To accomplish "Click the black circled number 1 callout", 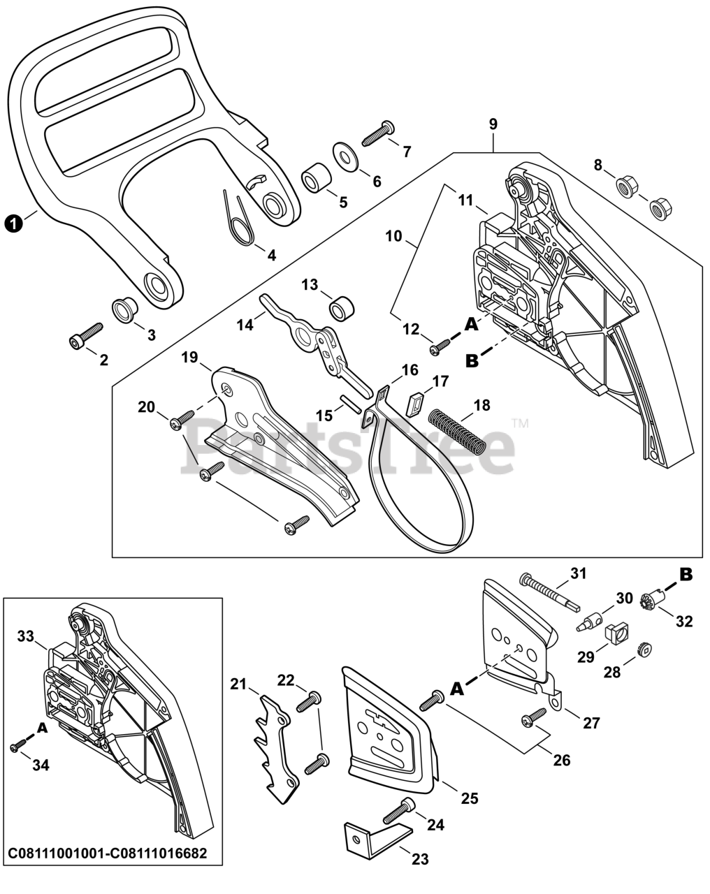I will (x=12, y=223).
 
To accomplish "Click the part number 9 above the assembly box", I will (x=493, y=124).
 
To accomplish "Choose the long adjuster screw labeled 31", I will (x=549, y=590).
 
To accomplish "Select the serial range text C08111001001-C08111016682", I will (x=107, y=854).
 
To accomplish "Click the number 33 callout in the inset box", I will (x=26, y=636).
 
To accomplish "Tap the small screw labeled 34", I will (x=18, y=747).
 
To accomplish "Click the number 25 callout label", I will (x=470, y=797).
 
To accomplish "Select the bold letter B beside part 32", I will (x=686, y=575).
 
